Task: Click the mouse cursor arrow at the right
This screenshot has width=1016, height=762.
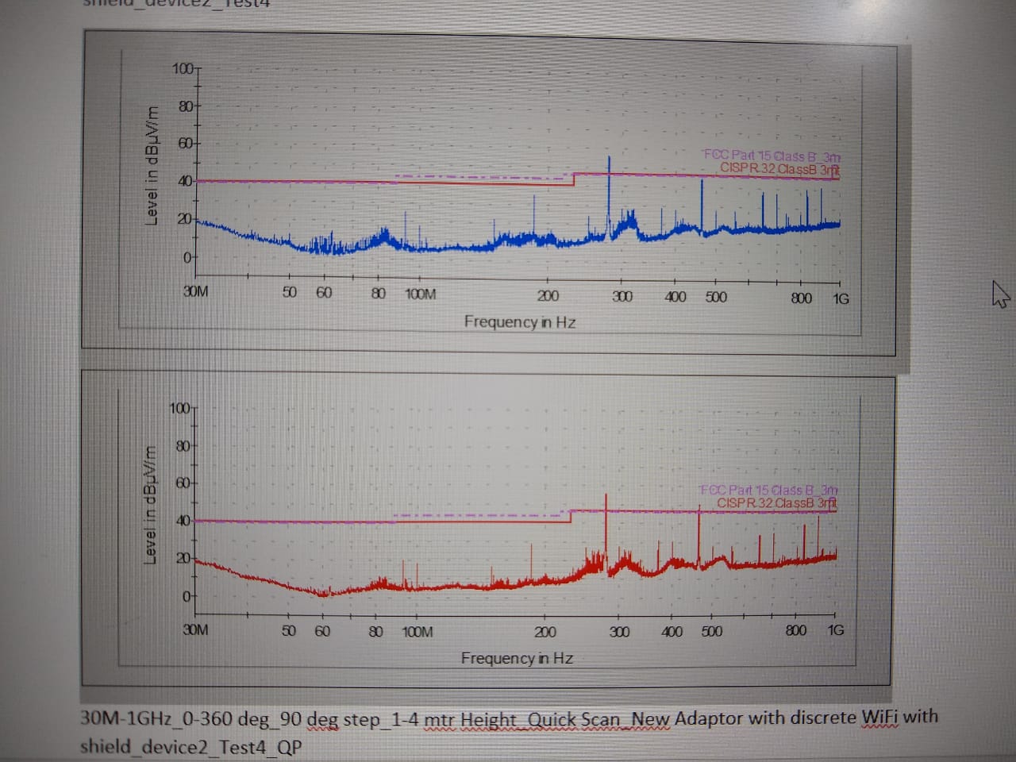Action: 1000,295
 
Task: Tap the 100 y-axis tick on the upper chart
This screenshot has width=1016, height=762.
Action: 182,68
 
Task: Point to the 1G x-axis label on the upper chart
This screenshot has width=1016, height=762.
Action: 841,298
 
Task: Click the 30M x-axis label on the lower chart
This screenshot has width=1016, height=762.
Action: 195,629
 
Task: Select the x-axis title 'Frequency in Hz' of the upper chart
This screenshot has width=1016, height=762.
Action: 520,321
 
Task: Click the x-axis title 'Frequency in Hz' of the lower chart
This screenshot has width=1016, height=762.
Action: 517,658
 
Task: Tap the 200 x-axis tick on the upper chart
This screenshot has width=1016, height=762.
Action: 548,296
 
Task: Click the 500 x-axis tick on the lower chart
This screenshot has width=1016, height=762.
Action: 712,632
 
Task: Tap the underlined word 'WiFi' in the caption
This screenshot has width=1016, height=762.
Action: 880,717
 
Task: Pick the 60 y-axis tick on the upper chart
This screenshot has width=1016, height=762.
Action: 184,144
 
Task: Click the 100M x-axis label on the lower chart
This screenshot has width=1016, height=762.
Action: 418,632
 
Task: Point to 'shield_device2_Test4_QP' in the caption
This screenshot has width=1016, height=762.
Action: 190,747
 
